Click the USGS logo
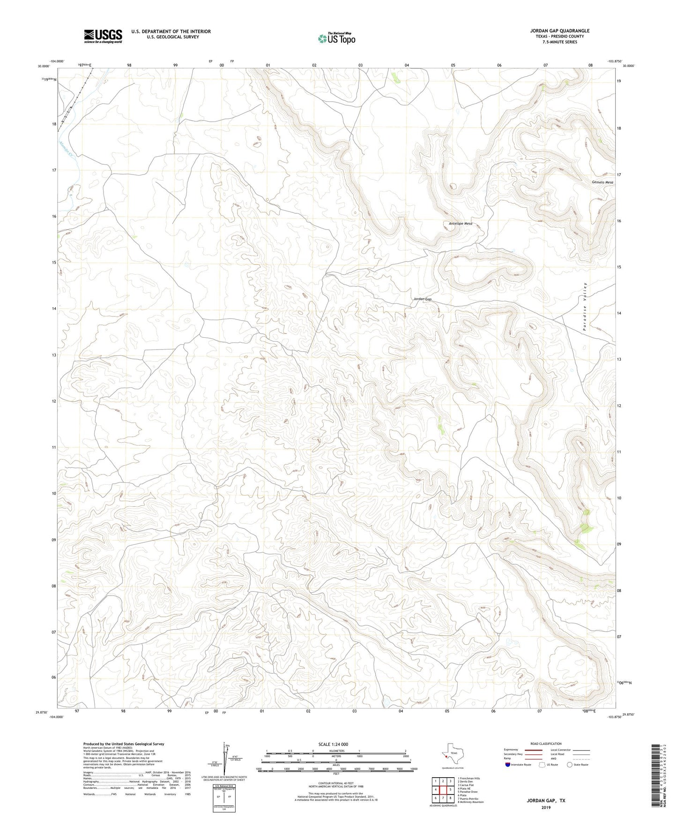click(103, 36)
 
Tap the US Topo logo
click(336, 39)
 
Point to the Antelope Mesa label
click(460, 224)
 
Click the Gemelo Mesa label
click(602, 182)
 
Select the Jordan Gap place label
click(422, 299)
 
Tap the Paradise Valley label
click(585, 306)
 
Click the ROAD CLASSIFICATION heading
click(546, 744)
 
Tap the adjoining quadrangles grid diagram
click(442, 790)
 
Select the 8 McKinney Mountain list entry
click(470, 802)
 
